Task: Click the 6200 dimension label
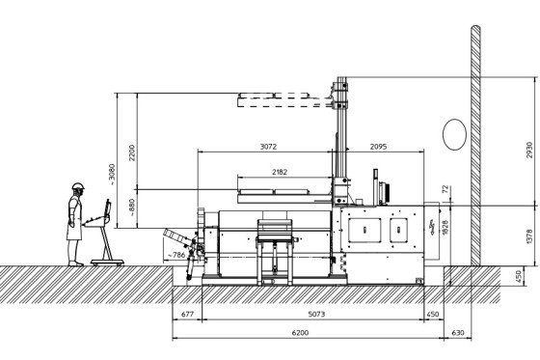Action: coord(300,333)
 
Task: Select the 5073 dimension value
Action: coord(316,314)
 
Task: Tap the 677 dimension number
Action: coord(187,314)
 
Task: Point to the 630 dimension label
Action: coord(458,333)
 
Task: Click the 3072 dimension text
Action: coord(268,147)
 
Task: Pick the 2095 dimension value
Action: coord(378,147)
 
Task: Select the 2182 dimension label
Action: coord(280,172)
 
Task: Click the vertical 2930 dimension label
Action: coord(529,150)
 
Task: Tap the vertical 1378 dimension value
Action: coord(529,236)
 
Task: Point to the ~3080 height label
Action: coord(112,174)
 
